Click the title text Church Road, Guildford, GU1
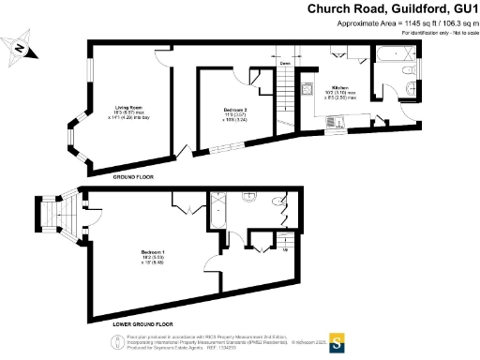[393, 8]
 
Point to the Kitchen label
[338, 88]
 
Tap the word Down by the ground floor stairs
[283, 64]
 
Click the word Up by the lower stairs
[285, 249]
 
